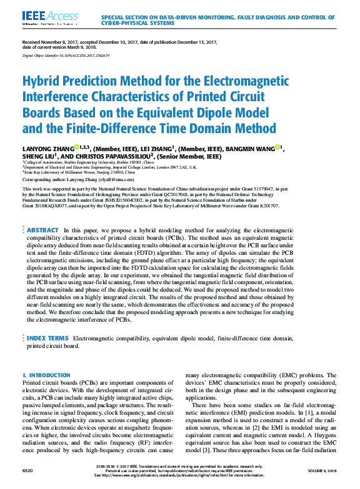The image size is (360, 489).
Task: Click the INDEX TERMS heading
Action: tap(47, 338)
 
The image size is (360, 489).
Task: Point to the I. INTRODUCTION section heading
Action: tap(46, 375)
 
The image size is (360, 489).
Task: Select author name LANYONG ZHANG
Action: tap(49, 148)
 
